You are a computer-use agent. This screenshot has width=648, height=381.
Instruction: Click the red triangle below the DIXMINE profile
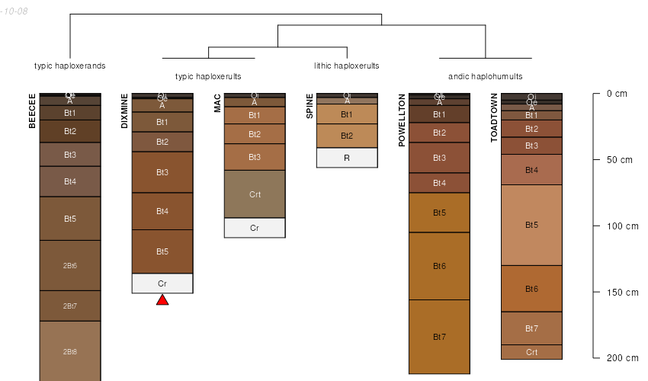coord(162,300)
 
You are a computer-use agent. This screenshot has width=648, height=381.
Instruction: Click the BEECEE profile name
coord(32,110)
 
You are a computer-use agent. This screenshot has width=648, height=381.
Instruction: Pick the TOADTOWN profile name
coord(494,118)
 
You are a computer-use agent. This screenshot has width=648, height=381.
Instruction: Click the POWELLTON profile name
coord(402,119)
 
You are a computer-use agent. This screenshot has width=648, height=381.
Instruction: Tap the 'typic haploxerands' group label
coord(70,66)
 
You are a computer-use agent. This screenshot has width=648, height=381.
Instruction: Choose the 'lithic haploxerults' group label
coord(347,66)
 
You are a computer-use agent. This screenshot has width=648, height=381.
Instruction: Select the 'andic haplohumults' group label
coord(486,76)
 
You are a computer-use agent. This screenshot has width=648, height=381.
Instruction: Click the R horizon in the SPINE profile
coord(347,158)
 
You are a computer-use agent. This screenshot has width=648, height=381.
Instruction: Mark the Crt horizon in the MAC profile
coord(255,194)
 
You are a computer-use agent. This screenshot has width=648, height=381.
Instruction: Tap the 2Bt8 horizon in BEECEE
coord(70,351)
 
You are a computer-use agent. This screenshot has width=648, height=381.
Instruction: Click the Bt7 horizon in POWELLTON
coord(439,336)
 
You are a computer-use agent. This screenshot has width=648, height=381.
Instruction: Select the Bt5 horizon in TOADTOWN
coord(531,225)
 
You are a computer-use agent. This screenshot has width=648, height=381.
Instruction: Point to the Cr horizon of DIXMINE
coord(162,283)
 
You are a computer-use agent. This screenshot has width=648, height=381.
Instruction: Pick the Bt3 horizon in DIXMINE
coord(162,172)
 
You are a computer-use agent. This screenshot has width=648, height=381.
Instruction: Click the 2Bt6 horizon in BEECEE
coord(70,265)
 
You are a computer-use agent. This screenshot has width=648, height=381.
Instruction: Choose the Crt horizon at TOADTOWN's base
coord(531,352)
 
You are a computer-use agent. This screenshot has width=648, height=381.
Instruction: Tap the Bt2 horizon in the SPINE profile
coord(347,136)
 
